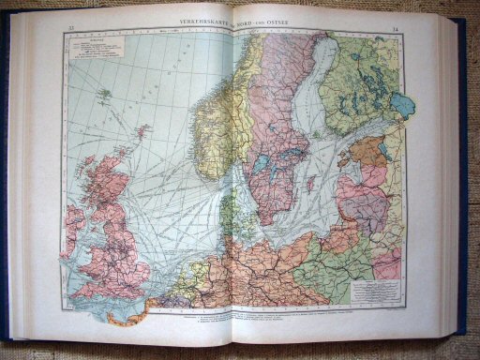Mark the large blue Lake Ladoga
(402, 104)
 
